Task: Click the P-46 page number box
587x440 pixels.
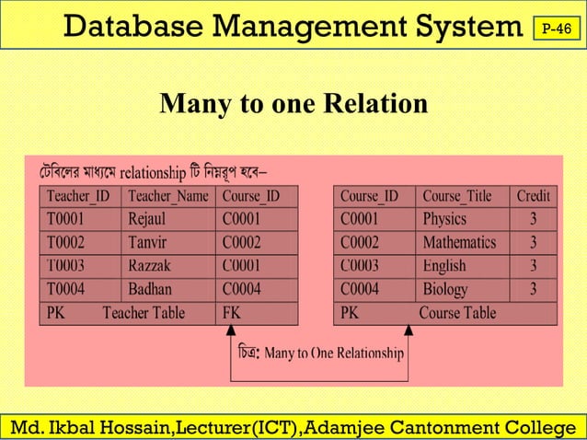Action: pyautogui.click(x=556, y=29)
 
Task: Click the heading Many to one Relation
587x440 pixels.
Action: pyautogui.click(x=293, y=104)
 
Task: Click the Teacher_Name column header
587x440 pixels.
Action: pyautogui.click(x=168, y=196)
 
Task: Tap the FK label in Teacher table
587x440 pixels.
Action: pyautogui.click(x=232, y=313)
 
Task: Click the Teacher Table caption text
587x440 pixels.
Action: pyautogui.click(x=144, y=313)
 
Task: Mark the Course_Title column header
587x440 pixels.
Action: pyautogui.click(x=457, y=196)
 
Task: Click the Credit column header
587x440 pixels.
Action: pyautogui.click(x=534, y=196)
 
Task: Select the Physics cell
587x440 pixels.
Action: pyautogui.click(x=444, y=219)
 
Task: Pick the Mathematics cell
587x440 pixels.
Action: pyautogui.click(x=459, y=243)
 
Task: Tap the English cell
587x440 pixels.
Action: pyautogui.click(x=444, y=266)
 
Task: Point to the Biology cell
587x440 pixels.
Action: pyautogui.click(x=445, y=289)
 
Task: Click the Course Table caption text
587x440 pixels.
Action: pyautogui.click(x=457, y=313)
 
